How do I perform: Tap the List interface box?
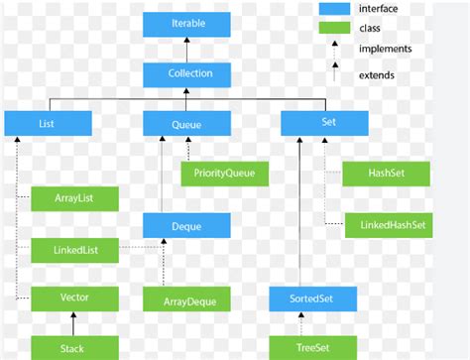48,123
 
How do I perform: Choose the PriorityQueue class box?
224,174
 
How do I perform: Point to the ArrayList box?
74,198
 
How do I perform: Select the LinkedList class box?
74,249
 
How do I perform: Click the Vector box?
74,298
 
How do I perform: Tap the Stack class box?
74,347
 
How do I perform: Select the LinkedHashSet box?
387,225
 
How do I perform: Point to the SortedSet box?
311,298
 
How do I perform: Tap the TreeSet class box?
311,347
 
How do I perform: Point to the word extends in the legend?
378,74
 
